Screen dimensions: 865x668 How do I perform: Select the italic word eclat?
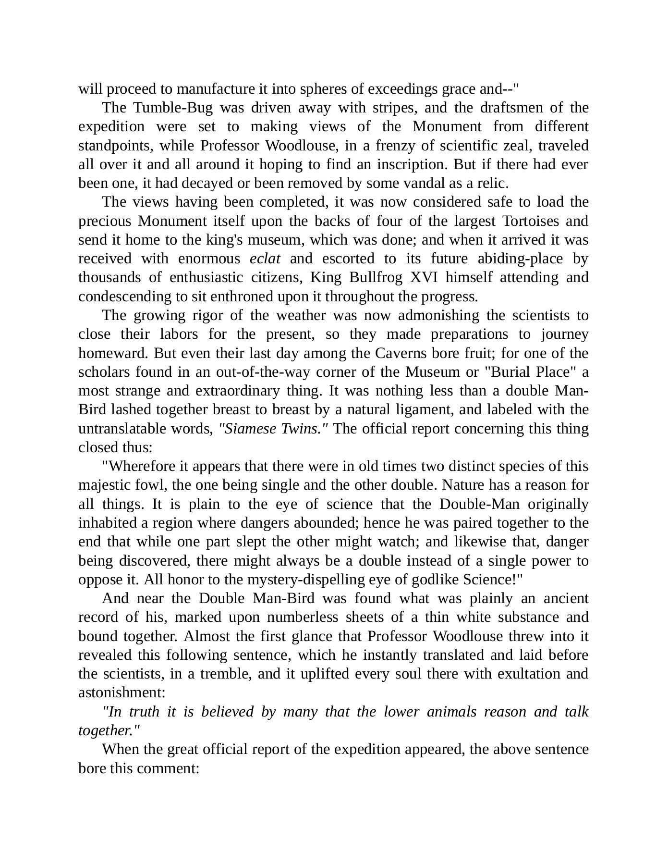265,259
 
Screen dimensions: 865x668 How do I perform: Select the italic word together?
109,730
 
